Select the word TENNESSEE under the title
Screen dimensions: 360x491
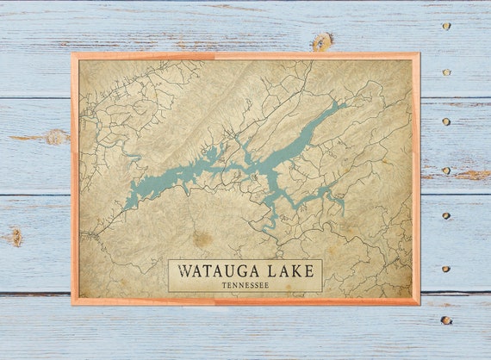(245, 284)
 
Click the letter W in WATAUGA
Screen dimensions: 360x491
(183, 270)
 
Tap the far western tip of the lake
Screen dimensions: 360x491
(124, 208)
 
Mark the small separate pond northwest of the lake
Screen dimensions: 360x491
(134, 157)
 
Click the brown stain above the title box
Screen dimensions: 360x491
(202, 239)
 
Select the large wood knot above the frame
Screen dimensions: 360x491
(322, 41)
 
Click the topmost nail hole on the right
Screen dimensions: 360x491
(445, 26)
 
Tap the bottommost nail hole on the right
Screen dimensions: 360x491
(445, 320)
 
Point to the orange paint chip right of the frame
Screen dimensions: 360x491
(472, 175)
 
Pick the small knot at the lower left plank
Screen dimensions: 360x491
(16, 235)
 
